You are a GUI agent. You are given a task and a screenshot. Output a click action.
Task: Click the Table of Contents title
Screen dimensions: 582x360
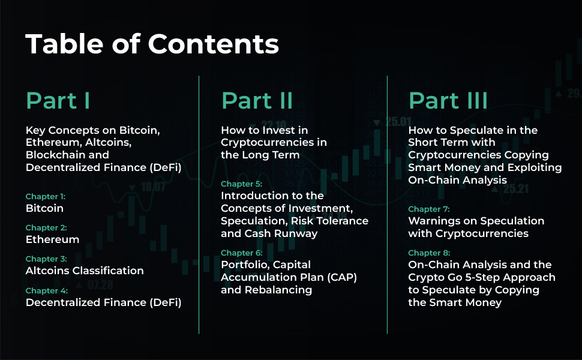pyautogui.click(x=152, y=44)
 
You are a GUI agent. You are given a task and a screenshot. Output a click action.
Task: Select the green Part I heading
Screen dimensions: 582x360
pyautogui.click(x=58, y=101)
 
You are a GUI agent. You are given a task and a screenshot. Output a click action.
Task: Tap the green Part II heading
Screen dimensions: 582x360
pyautogui.click(x=257, y=101)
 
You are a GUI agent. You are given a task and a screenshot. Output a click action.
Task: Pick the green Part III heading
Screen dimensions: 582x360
pyautogui.click(x=448, y=101)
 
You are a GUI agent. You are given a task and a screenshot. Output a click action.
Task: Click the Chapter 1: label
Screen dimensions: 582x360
pyautogui.click(x=46, y=196)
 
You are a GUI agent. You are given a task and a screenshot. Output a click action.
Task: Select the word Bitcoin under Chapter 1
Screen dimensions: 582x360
pyautogui.click(x=44, y=208)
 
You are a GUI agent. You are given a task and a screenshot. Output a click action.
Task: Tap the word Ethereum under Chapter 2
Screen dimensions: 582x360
pyautogui.click(x=52, y=239)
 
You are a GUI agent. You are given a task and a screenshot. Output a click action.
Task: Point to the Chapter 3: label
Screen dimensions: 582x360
pyautogui.click(x=46, y=259)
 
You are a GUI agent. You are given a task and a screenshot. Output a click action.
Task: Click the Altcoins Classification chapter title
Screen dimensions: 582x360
pyautogui.click(x=85, y=271)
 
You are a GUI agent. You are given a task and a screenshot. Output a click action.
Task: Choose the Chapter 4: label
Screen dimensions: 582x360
pyautogui.click(x=46, y=290)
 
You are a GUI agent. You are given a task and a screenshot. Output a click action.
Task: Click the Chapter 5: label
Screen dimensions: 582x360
pyautogui.click(x=241, y=184)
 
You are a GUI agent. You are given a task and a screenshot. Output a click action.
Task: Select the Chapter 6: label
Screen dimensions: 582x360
pyautogui.click(x=241, y=253)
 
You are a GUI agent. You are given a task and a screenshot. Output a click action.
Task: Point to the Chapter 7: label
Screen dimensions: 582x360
pyautogui.click(x=428, y=209)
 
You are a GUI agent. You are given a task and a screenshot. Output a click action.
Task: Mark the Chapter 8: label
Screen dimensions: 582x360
pyautogui.click(x=428, y=253)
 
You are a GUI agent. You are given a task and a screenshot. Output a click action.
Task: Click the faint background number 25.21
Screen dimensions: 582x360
pyautogui.click(x=516, y=190)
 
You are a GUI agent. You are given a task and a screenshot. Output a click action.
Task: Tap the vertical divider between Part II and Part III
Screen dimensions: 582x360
pyautogui.click(x=388, y=204)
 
